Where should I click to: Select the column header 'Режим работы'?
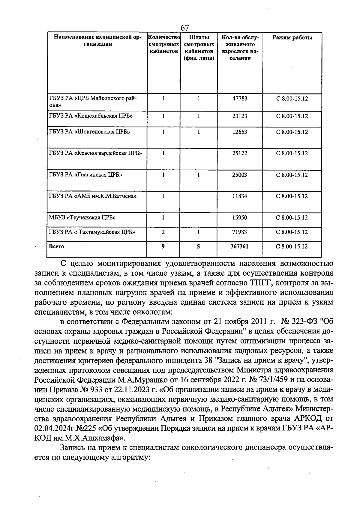click(x=292, y=38)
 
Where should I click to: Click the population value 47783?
click(x=240, y=98)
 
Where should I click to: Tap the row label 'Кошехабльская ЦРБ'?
click(x=91, y=116)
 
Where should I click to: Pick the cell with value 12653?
click(x=240, y=132)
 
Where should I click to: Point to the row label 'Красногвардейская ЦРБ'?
click(x=95, y=153)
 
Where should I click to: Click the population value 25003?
click(x=240, y=175)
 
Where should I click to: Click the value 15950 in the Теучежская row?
click(x=240, y=218)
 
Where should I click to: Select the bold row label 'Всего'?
click(x=56, y=247)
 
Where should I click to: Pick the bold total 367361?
click(x=240, y=247)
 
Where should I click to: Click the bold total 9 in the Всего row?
click(x=163, y=247)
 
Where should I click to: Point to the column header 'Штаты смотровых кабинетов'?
click(x=199, y=48)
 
